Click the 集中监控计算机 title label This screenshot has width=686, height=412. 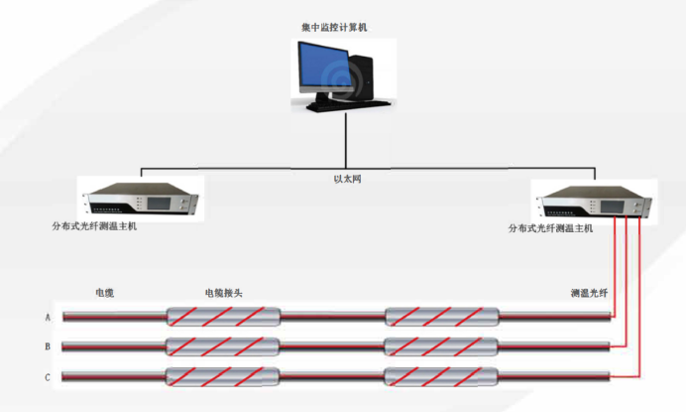334,29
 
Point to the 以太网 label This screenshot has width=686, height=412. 343,182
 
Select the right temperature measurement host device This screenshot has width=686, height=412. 593,203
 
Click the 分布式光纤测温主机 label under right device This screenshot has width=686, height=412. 550,228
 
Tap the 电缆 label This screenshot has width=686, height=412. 105,294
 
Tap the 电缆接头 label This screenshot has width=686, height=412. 223,294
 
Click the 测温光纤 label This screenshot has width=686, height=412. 588,294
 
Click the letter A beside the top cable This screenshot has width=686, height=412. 47,318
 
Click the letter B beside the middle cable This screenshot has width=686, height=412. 47,346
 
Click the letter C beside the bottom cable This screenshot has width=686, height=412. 47,376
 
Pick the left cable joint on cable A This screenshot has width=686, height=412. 223,318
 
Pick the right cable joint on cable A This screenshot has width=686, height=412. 443,318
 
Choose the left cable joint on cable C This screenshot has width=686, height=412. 223,376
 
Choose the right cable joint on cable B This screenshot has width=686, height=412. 443,346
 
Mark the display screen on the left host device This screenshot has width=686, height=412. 160,202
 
